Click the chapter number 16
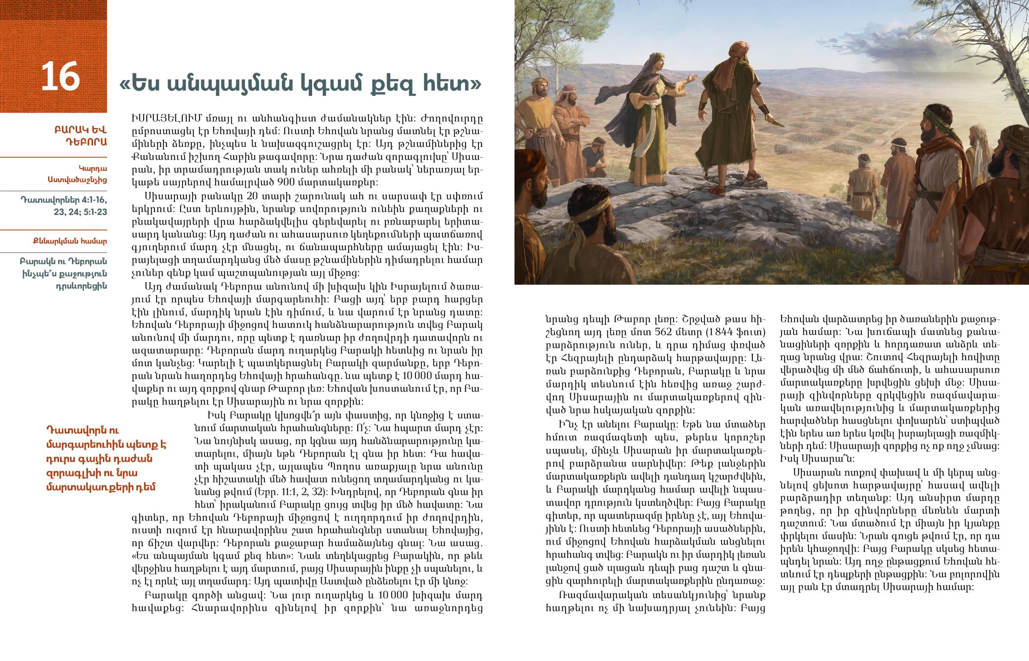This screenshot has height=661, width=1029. tap(60, 76)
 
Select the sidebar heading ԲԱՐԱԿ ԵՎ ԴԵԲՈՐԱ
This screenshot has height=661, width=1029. tap(80, 136)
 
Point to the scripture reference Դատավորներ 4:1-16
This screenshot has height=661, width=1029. tap(64, 200)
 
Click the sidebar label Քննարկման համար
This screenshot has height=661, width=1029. tap(69, 241)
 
